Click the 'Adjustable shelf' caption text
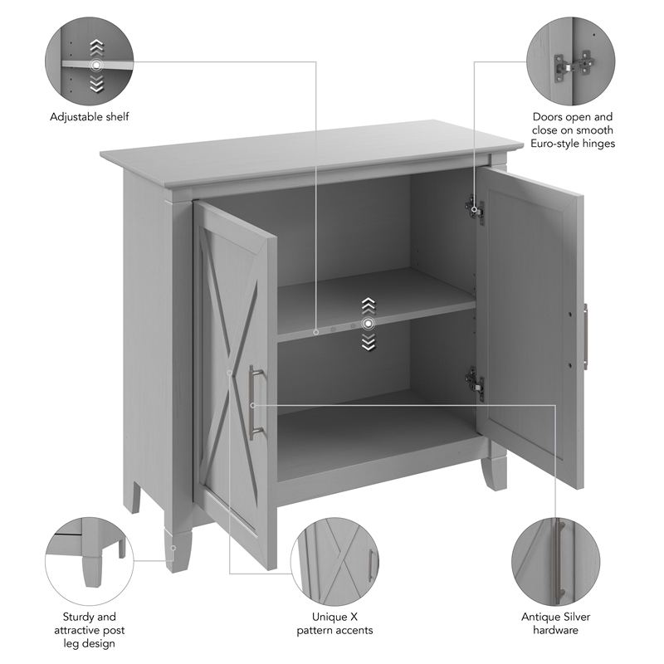pos(90,117)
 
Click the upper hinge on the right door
pos(475,207)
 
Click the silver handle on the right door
pos(585,337)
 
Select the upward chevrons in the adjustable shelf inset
pos(96,46)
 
